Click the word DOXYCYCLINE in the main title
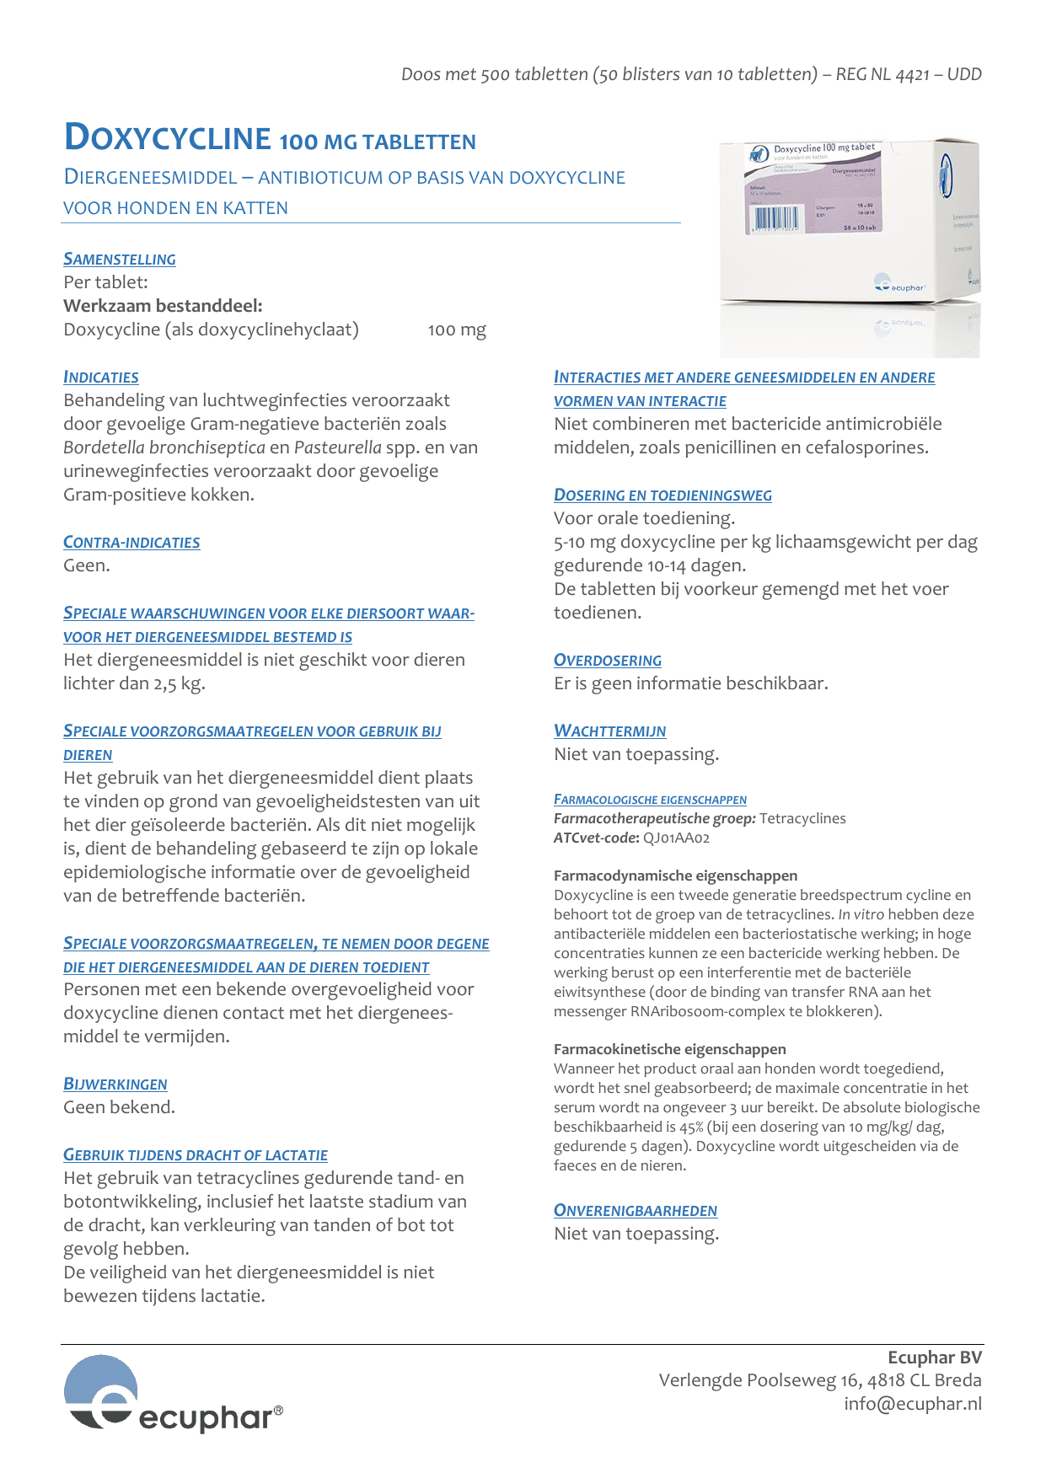(x=168, y=138)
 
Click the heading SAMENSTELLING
(x=120, y=260)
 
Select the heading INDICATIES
(x=101, y=378)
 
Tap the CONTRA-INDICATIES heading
(x=131, y=543)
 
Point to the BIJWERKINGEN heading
(x=115, y=1084)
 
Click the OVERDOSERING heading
(x=608, y=661)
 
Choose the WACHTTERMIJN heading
(x=610, y=731)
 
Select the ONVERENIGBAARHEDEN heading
(x=636, y=1211)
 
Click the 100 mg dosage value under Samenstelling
(x=457, y=330)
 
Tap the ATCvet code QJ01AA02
(x=677, y=838)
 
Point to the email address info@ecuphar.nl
(x=913, y=1404)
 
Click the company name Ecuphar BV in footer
(x=935, y=1358)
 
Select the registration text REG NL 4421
(x=882, y=74)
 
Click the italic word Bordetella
(x=102, y=447)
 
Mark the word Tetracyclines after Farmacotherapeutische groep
(x=802, y=818)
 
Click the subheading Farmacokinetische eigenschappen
(x=670, y=1049)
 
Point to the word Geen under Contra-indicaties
(x=85, y=565)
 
